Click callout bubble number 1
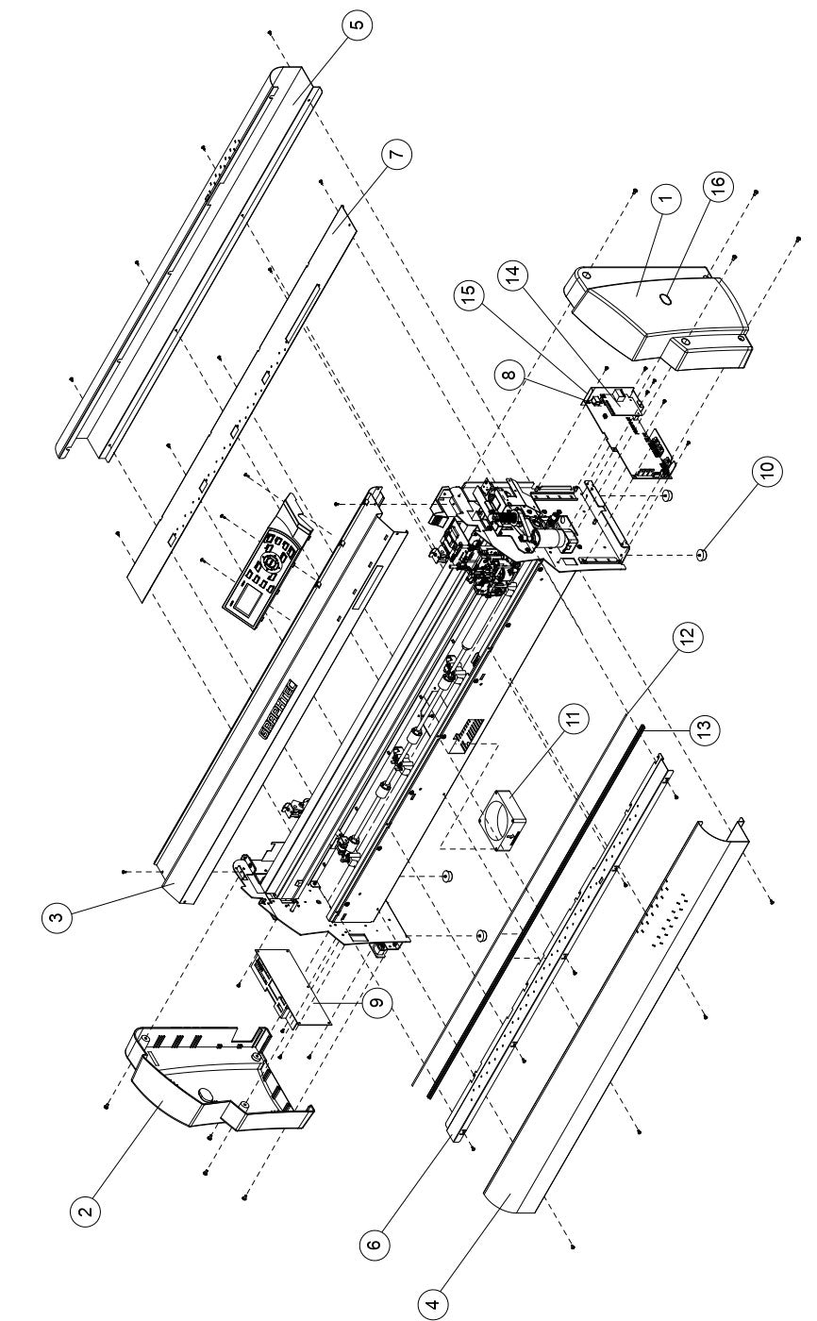point(664,199)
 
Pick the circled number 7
point(398,155)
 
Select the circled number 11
point(573,720)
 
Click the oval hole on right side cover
point(668,297)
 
